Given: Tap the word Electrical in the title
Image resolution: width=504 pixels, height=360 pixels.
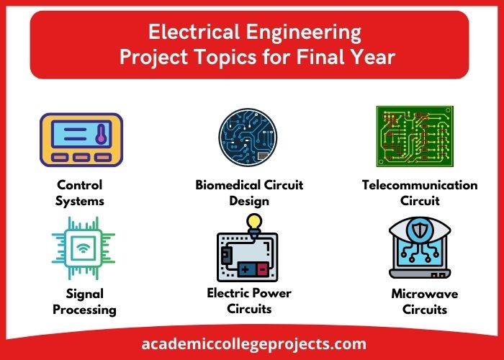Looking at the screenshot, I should click(x=191, y=32).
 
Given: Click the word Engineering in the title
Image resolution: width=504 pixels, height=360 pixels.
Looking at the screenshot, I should click(x=301, y=32).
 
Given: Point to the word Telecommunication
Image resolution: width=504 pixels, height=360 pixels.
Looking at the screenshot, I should click(x=420, y=185).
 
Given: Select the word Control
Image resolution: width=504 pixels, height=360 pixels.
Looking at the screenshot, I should click(x=79, y=185).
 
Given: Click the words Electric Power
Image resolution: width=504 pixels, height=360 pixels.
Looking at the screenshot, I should click(x=249, y=293).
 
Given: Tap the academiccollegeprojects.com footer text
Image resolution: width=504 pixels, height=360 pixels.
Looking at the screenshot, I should click(x=251, y=344).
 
